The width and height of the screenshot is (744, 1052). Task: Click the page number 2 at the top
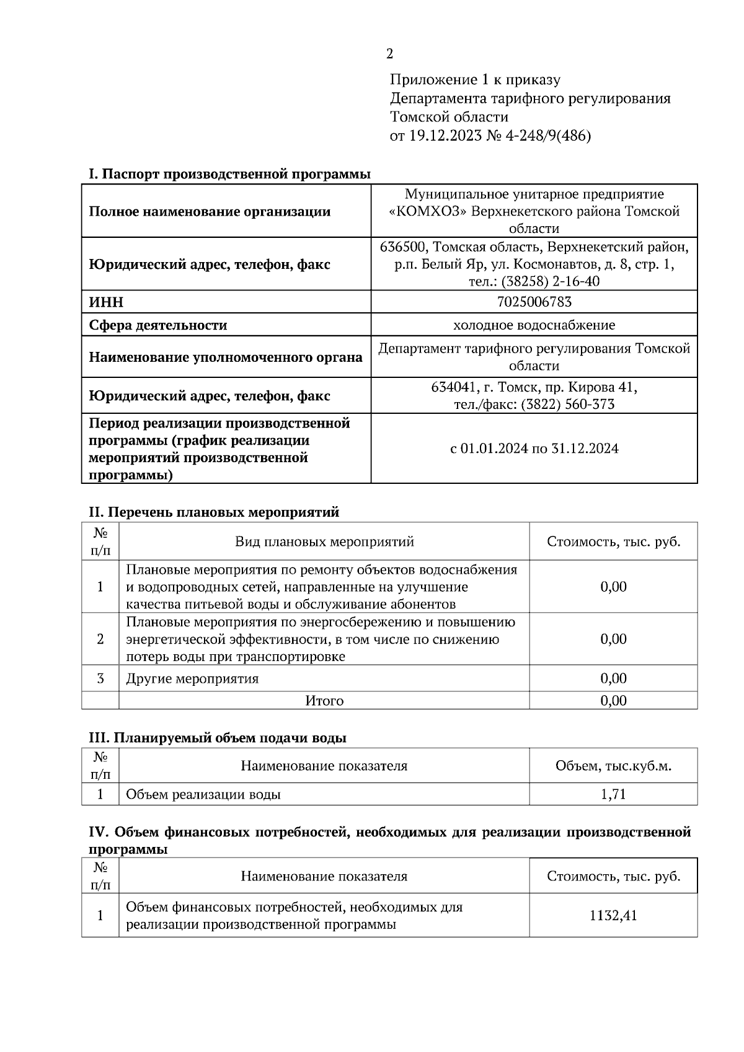[x=389, y=55]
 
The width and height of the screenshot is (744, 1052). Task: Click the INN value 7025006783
[x=534, y=302]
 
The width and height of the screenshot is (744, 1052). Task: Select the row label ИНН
[x=106, y=302]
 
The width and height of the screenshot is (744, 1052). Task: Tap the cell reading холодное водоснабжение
[x=534, y=325]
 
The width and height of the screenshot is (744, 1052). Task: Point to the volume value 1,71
[x=613, y=794]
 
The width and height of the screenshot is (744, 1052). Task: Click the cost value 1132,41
[x=613, y=915]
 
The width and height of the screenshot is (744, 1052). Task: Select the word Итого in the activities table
[x=324, y=701]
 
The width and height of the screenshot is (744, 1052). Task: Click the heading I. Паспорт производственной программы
[x=229, y=174]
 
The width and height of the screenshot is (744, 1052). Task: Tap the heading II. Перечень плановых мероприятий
[x=214, y=512]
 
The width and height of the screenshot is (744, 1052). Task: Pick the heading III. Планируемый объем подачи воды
[x=218, y=738]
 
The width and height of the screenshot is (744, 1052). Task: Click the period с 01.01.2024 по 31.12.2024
[x=534, y=449]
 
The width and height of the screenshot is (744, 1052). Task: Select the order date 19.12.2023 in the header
[x=445, y=136]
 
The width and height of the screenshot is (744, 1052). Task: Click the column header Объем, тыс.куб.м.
[x=613, y=766]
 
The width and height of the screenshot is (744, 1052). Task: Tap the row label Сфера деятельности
[x=158, y=325]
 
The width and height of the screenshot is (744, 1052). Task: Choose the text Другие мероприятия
[x=192, y=678]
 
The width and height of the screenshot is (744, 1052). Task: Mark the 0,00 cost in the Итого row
[x=613, y=701]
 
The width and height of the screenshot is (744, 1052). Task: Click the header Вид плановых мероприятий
[x=324, y=542]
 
